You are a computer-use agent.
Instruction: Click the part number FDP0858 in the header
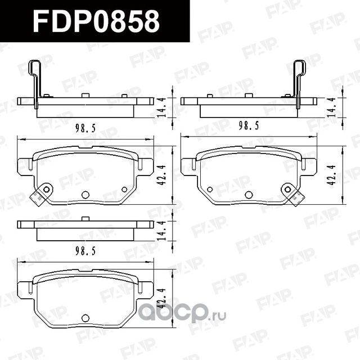pyautogui.click(x=96, y=22)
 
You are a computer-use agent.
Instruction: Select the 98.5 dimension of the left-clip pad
pyautogui.click(x=84, y=128)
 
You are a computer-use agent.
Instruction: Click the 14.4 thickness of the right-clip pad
pyautogui.click(x=331, y=107)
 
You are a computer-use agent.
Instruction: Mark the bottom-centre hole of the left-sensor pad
pyautogui.click(x=85, y=195)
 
